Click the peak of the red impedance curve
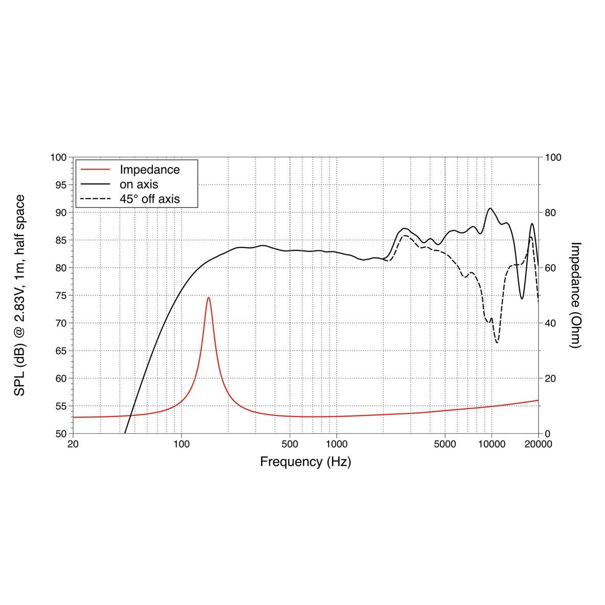pos(208,297)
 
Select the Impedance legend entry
pos(149,169)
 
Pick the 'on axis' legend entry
pos(138,184)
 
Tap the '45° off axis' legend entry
pos(149,199)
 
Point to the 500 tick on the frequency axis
pos(290,444)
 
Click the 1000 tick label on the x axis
pos(336,444)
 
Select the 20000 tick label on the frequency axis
pos(538,444)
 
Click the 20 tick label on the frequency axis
pos(73,444)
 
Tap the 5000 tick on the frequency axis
pos(445,444)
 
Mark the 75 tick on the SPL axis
pos(60,295)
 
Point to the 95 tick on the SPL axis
pos(60,185)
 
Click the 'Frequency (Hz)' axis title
pos(306,462)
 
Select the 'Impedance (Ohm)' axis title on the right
pos(575,295)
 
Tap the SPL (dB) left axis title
pos(20,295)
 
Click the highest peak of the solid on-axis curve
pos(491,208)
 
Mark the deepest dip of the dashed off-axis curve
pos(497,342)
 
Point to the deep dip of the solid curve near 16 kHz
pos(522,298)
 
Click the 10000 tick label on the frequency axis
pos(492,444)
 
